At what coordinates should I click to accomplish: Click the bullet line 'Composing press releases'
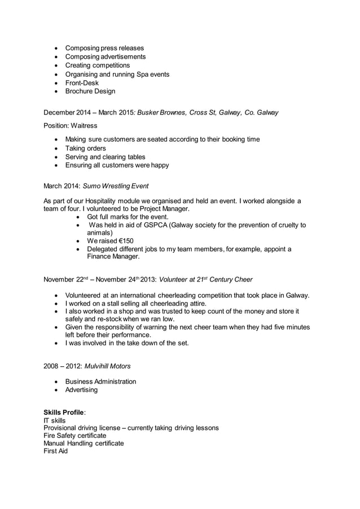[104, 48]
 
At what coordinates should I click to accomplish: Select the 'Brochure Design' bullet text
[90, 91]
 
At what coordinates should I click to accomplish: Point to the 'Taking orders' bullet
[85, 148]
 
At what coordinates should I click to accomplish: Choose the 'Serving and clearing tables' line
[105, 157]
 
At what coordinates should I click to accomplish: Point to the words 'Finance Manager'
[113, 256]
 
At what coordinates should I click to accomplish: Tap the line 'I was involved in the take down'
[127, 343]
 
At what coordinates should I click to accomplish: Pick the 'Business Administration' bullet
[100, 381]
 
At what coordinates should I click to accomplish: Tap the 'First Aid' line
[55, 451]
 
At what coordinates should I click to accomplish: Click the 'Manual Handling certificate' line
[84, 444]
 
